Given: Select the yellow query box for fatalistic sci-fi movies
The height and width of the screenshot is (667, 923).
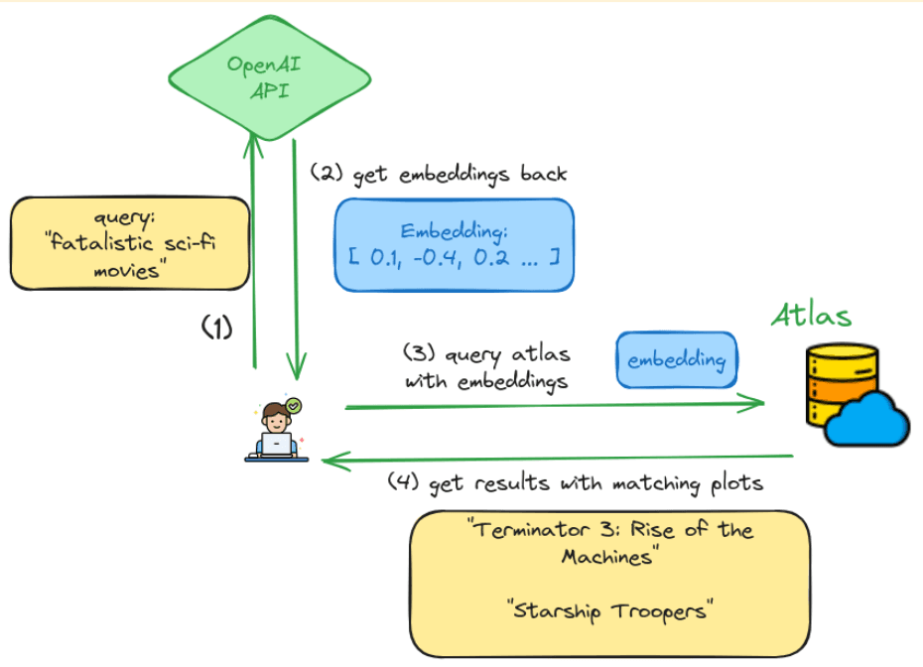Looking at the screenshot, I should coord(129,243).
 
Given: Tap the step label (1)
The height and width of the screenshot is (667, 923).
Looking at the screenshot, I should coord(217,329).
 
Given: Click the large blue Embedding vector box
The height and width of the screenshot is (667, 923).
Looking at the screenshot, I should coord(455,245).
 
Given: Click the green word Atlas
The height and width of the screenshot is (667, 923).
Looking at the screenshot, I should coord(811,317).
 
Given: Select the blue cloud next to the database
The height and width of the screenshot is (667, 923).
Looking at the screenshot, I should coord(867,420).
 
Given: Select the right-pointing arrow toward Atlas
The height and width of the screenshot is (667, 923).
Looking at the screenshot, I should coord(556,404).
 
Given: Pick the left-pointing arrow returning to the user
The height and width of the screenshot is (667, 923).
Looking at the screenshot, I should coord(561,459).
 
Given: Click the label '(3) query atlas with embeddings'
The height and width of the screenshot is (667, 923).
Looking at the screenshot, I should coord(486,366).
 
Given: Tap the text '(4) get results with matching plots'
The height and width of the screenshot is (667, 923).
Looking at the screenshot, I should coord(576,483).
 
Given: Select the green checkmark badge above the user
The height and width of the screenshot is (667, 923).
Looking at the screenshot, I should coord(293,405).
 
